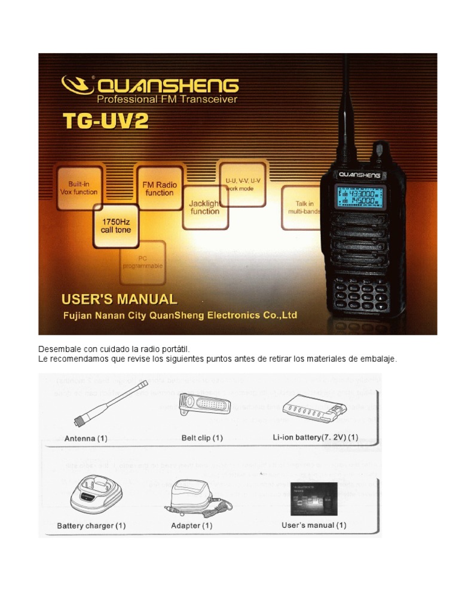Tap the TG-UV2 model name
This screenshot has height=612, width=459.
[105, 122]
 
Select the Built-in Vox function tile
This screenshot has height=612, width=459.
[79, 188]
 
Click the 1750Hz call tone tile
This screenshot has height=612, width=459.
[116, 225]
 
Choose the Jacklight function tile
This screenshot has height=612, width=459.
[204, 207]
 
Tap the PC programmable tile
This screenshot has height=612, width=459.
[142, 262]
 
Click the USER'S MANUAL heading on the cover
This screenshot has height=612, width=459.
[120, 299]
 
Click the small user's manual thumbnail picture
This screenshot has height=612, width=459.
[314, 498]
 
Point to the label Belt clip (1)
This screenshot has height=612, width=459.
[202, 437]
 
